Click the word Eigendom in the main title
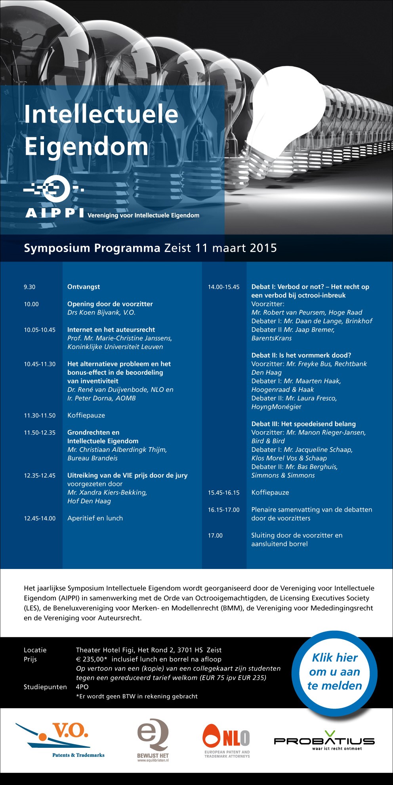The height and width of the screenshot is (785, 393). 86,146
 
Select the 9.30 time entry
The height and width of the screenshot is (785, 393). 30,287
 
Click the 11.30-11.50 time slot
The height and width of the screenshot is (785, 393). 40,415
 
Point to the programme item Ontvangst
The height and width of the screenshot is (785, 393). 84,287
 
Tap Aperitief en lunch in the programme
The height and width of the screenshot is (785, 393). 95,518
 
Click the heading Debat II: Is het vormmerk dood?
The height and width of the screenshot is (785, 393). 301,355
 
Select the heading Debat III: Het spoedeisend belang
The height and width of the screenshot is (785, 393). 303,424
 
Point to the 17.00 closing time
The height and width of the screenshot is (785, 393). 216,535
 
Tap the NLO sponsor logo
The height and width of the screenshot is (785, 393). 227,740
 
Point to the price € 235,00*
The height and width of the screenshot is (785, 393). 92,659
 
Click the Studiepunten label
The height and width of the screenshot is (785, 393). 45,687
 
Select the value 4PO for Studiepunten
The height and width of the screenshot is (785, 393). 82,687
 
